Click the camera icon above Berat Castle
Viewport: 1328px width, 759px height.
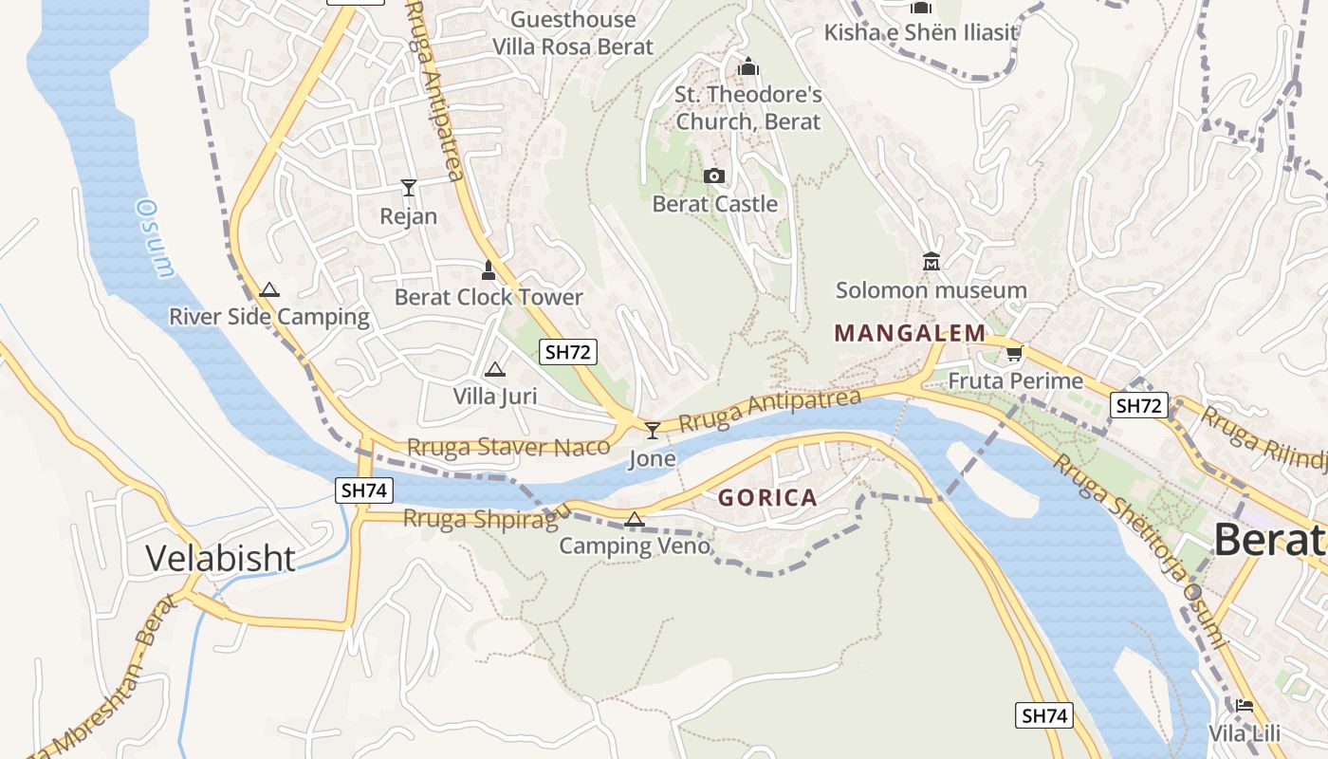coord(714,176)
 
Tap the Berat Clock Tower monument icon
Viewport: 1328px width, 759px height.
coord(489,270)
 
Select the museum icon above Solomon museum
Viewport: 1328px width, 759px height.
coord(931,262)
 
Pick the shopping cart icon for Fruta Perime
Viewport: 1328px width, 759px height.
coord(1014,354)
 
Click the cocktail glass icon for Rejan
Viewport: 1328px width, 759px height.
coord(408,188)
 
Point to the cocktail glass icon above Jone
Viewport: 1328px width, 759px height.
coord(652,431)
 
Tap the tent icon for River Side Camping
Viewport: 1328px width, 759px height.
coord(269,289)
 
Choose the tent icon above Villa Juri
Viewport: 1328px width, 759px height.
coord(494,369)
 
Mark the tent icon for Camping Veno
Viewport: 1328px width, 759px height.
coord(635,518)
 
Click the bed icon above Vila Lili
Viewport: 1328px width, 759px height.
coord(1244,706)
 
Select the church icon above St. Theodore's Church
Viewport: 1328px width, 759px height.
coord(748,67)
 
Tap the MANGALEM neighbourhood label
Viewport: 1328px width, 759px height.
coord(910,333)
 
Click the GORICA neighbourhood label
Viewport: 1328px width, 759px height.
coord(767,498)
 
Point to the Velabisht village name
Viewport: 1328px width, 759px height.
coord(220,558)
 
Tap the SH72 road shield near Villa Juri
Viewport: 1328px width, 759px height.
coord(568,352)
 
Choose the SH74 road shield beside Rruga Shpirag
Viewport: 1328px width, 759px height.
coord(364,491)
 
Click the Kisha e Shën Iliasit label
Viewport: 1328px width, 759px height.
coord(920,33)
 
